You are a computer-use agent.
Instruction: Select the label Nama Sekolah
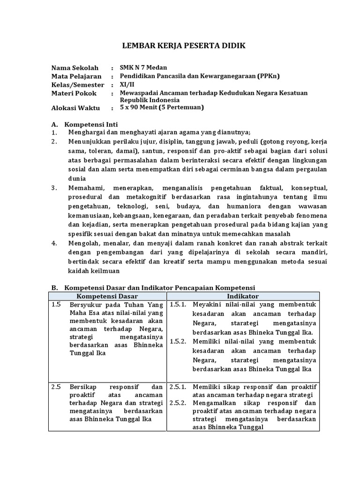(x=75, y=68)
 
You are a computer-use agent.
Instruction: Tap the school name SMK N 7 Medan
(x=143, y=67)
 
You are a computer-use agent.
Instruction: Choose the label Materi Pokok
(x=74, y=93)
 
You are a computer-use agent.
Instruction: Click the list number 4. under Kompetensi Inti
(x=54, y=243)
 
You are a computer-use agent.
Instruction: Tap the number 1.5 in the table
(x=57, y=305)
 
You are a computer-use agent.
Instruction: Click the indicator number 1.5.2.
(x=178, y=341)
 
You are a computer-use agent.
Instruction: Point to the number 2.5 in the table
(x=57, y=387)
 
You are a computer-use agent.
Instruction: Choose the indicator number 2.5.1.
(x=178, y=387)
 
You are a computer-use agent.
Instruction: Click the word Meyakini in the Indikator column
(x=207, y=305)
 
